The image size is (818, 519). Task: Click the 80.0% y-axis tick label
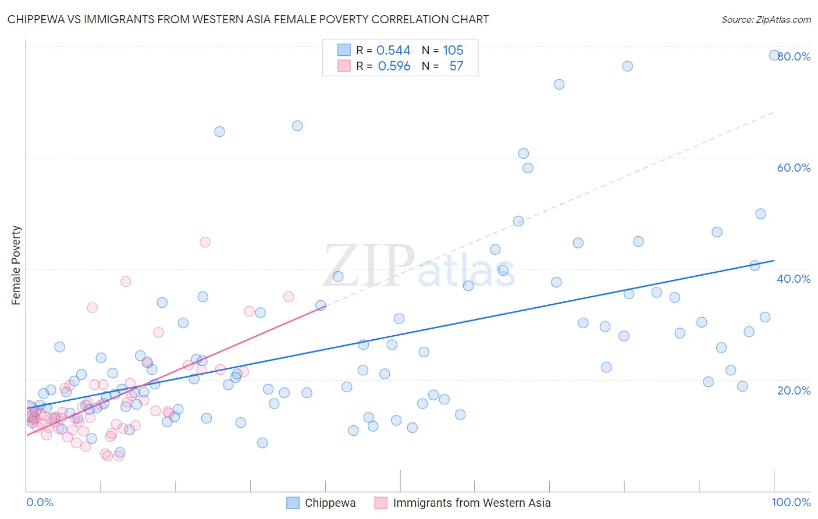(x=794, y=56)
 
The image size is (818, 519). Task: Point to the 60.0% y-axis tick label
(x=794, y=168)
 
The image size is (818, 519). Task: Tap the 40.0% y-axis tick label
(x=794, y=279)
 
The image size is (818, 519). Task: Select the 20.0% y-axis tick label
(x=794, y=390)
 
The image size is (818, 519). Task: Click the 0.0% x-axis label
(x=40, y=502)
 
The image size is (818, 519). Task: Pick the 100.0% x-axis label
(x=791, y=502)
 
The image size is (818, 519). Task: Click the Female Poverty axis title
(x=16, y=265)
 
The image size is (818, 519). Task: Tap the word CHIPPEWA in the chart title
(x=37, y=20)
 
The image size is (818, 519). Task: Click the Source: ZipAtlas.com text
(x=766, y=20)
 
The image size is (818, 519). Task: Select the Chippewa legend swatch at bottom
(x=293, y=503)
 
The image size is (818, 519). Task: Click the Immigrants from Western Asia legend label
(x=471, y=503)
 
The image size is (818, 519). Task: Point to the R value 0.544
(x=393, y=51)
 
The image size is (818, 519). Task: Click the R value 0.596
(x=394, y=66)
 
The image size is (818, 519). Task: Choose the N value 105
(x=453, y=51)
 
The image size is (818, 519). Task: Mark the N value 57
(x=456, y=66)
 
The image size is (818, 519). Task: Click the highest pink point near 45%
(x=205, y=242)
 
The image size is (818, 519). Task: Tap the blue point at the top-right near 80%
(x=774, y=55)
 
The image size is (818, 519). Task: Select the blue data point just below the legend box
(x=297, y=126)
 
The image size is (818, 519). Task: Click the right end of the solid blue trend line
(x=774, y=261)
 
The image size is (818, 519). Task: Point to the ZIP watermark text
(x=369, y=266)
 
